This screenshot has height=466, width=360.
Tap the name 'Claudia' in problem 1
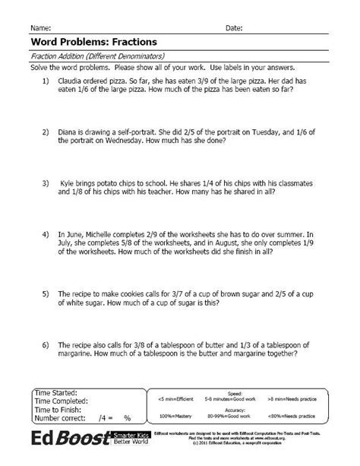71,79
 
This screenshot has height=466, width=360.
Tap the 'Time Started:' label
56,392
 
